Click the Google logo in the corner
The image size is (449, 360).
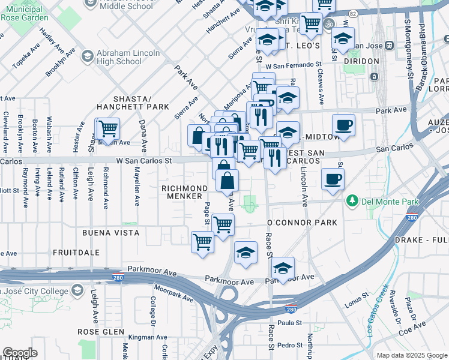[x=20, y=352]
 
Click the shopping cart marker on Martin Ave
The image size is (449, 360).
[x=107, y=128]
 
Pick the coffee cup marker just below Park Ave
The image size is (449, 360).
[x=343, y=125]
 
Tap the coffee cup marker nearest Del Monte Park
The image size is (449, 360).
[x=333, y=178]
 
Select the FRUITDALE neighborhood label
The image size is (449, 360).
[x=76, y=253]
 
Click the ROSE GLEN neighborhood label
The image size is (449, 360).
[x=101, y=332]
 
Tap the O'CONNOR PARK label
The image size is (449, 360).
[x=301, y=223]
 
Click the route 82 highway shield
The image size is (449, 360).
[x=353, y=13]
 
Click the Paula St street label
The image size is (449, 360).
[x=289, y=323]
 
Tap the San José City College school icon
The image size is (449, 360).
[x=77, y=290]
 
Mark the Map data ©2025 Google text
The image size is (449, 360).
[x=411, y=355]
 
